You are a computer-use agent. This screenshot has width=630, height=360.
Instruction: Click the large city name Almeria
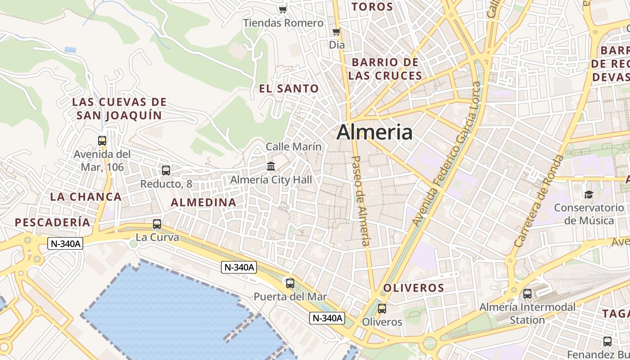[374, 132]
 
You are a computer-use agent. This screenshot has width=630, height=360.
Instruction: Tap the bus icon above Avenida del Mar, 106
[102, 141]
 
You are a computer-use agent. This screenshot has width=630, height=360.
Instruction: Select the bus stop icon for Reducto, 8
[166, 171]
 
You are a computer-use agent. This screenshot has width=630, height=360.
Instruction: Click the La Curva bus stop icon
[157, 224]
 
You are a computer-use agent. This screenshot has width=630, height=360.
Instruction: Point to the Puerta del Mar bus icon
[290, 283]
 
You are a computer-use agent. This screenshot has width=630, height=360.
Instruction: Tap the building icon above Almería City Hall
[271, 166]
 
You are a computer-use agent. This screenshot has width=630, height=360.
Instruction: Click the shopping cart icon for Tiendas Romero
[283, 9]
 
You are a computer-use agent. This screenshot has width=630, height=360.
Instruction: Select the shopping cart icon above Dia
[336, 31]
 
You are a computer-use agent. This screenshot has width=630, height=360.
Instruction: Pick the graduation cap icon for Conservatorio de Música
[589, 194]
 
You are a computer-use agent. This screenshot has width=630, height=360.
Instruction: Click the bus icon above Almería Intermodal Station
[527, 294]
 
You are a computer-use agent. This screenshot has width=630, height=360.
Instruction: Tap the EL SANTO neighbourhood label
[289, 89]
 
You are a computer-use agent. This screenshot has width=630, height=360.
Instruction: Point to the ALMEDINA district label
[204, 202]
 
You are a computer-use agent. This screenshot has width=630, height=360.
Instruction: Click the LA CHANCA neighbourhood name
[86, 197]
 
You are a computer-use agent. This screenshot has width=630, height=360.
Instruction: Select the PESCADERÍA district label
[53, 222]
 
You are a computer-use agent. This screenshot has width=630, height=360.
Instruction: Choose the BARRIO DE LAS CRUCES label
[385, 69]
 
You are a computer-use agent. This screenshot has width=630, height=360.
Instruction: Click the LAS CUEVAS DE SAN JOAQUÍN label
[119, 109]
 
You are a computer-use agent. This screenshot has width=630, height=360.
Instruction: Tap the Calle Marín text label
[294, 147]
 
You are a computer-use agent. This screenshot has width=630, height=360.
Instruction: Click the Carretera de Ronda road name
[539, 201]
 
